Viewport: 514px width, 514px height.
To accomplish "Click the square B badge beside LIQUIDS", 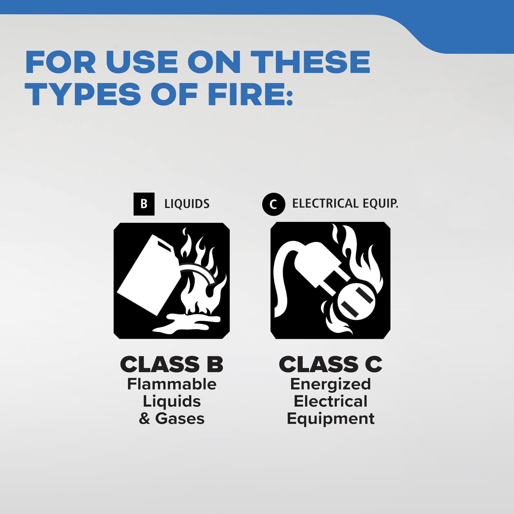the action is pyautogui.click(x=144, y=204).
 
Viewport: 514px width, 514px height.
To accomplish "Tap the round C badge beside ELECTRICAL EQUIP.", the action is pyautogui.click(x=274, y=204).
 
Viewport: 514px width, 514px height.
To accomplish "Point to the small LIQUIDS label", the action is pyautogui.click(x=187, y=204).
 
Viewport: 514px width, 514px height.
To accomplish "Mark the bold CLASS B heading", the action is pyautogui.click(x=171, y=364).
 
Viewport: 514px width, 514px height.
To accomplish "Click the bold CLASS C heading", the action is pyautogui.click(x=330, y=364).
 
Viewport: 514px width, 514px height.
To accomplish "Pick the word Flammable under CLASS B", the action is pyautogui.click(x=172, y=385).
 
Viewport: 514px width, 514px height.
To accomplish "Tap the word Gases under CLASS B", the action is pyautogui.click(x=180, y=419).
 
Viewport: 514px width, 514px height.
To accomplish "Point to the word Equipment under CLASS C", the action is pyautogui.click(x=330, y=419).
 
